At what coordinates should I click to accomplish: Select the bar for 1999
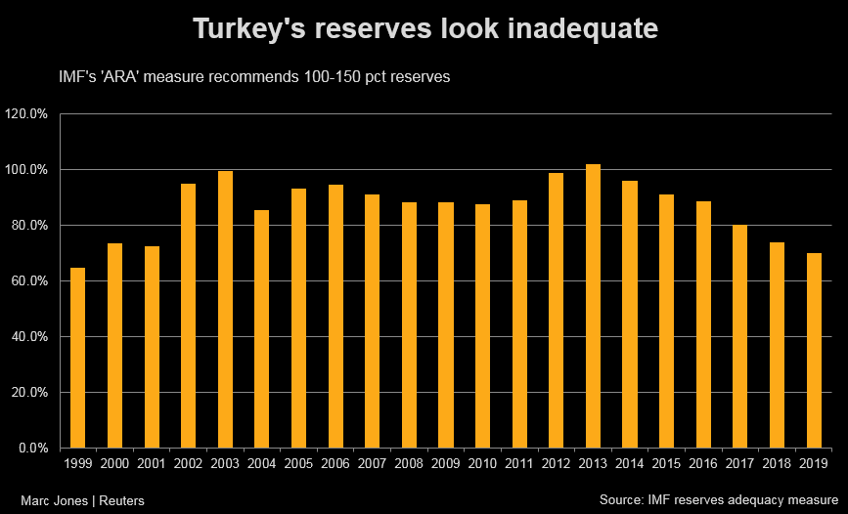click(x=77, y=358)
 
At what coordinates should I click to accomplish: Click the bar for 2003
click(x=225, y=309)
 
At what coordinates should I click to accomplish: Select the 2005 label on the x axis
click(x=298, y=464)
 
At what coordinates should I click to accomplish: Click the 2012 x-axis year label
click(x=556, y=464)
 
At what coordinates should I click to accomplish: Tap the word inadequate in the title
click(x=582, y=29)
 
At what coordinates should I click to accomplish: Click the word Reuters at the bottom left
click(x=122, y=500)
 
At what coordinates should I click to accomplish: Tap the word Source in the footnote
click(x=621, y=500)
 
